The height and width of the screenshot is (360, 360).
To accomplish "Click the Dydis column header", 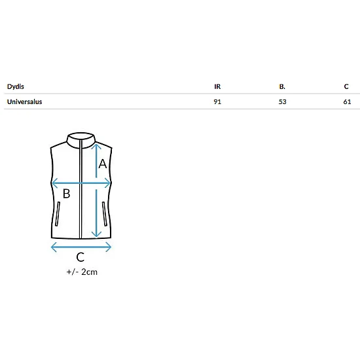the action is click(x=16, y=86).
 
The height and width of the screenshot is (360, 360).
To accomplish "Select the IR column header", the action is click(x=217, y=86).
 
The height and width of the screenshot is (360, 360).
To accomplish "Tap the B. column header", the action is click(x=282, y=86).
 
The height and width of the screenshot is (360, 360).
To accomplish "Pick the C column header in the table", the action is click(x=346, y=86).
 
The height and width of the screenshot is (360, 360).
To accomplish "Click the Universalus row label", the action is click(x=25, y=101).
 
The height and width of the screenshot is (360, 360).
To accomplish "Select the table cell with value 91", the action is click(x=217, y=101).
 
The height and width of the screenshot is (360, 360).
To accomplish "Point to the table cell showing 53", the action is click(x=282, y=101).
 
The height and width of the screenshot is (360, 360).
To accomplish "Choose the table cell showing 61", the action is click(x=347, y=101).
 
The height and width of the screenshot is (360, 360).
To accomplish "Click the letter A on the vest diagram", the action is click(x=103, y=164).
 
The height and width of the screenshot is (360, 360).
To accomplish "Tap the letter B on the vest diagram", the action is click(x=66, y=194).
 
